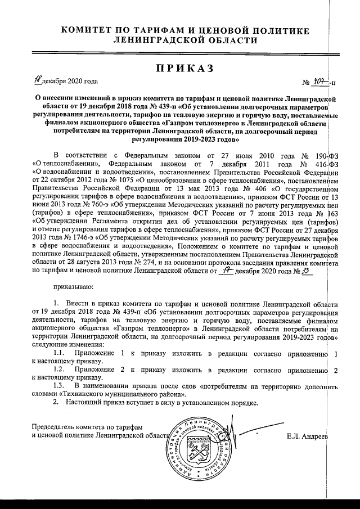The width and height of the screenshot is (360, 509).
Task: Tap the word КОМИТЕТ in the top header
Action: tap(88, 29)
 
